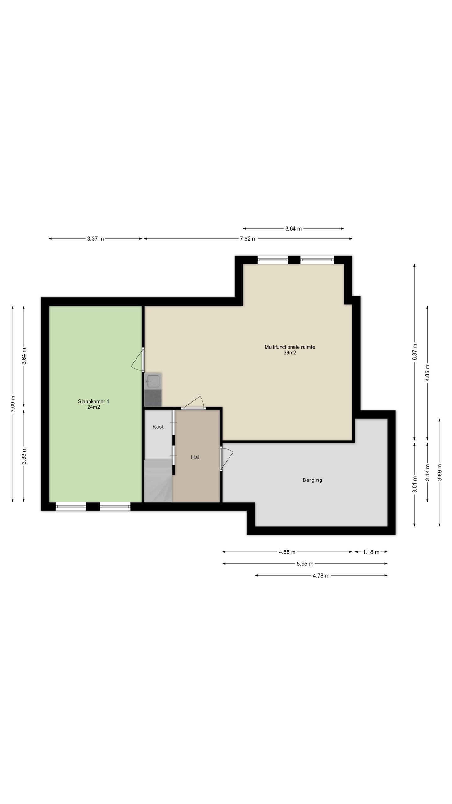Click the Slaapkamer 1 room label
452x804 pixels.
tap(94, 401)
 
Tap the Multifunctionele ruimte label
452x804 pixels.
tap(290, 347)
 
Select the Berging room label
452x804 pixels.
tap(312, 480)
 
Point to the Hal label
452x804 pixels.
tap(195, 457)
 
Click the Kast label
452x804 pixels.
tap(158, 426)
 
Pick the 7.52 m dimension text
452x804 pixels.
tap(248, 239)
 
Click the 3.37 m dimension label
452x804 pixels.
tap(95, 239)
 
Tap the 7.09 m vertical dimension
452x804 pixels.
tap(13, 404)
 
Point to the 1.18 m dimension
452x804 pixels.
tap(371, 552)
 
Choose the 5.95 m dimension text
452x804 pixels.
tap(305, 564)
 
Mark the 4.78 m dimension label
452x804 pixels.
tap(321, 575)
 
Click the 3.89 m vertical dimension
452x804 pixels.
tap(439, 472)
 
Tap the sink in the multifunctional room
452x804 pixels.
tap(153, 381)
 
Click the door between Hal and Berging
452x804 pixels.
tap(226, 459)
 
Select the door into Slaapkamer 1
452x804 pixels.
tap(138, 360)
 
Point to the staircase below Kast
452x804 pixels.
tap(158, 481)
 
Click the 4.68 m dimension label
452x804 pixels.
tap(287, 552)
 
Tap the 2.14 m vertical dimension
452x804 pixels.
tap(427, 472)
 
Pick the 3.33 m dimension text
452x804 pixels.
tap(24, 455)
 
